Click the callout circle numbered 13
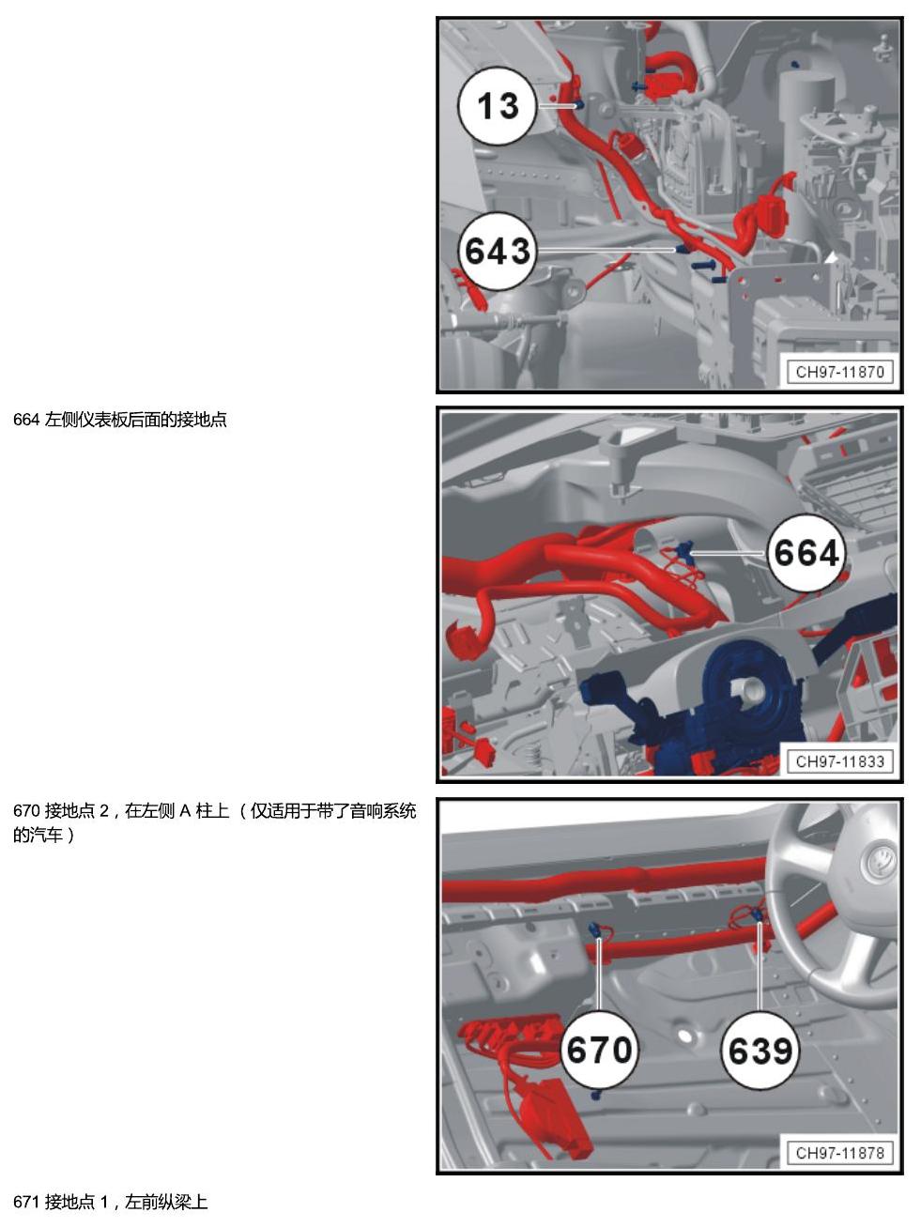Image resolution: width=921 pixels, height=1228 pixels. click(x=498, y=106)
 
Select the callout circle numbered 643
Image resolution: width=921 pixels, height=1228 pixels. click(x=498, y=251)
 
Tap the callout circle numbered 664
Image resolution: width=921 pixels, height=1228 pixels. click(x=806, y=553)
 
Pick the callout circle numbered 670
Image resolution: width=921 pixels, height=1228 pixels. click(x=600, y=1050)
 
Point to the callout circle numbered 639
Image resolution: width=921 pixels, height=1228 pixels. click(x=760, y=1050)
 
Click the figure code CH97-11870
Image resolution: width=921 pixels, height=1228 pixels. click(x=840, y=372)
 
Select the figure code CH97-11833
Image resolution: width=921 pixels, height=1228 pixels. click(x=840, y=760)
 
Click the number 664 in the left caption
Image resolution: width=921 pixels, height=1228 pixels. click(x=25, y=420)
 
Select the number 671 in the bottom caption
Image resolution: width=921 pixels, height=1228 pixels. click(x=25, y=1202)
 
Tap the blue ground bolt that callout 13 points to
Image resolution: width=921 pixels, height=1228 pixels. click(x=578, y=104)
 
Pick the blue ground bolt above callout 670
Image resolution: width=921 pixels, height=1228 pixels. click(x=595, y=931)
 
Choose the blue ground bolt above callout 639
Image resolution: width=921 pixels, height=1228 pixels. click(x=756, y=915)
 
